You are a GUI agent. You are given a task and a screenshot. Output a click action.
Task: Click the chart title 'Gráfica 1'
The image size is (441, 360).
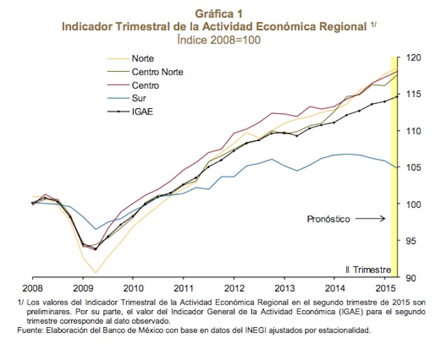pyautogui.click(x=220, y=13)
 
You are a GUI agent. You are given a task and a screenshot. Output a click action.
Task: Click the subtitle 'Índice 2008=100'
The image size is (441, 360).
pyautogui.click(x=220, y=39)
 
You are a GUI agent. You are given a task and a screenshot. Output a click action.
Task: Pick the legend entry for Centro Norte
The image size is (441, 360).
pyautogui.click(x=157, y=72)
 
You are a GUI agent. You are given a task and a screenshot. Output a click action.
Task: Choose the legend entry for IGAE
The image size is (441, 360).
pyautogui.click(x=142, y=112)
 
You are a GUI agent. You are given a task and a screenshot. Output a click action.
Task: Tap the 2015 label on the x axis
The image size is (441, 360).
pyautogui.click(x=385, y=289)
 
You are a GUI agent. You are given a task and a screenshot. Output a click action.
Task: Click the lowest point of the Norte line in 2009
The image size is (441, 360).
pyautogui.click(x=94, y=273)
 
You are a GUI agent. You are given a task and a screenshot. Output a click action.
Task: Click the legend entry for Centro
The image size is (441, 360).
pyautogui.click(x=145, y=85)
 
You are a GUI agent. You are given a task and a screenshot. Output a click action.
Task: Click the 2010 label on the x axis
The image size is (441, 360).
pyautogui.click(x=132, y=289)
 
